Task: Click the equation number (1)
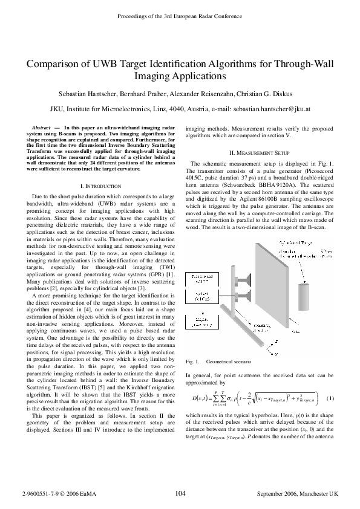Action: pos(330,398)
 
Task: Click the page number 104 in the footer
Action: pos(180,494)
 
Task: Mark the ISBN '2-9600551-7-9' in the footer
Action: pos(37,494)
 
